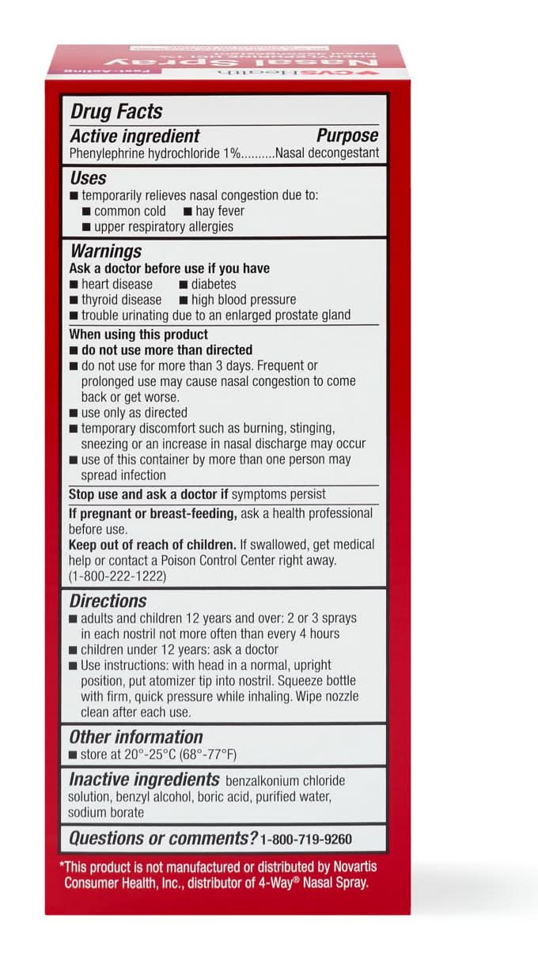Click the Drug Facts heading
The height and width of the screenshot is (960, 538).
(x=117, y=111)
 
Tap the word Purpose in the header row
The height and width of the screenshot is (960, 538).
(x=347, y=135)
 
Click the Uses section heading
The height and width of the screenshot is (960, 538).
(x=88, y=178)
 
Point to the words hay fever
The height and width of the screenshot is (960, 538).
(x=219, y=211)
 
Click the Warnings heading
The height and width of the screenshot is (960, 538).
(x=106, y=251)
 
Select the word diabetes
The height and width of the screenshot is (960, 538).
(x=213, y=284)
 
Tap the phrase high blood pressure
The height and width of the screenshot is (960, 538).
(x=243, y=300)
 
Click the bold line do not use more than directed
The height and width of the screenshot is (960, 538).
(x=167, y=350)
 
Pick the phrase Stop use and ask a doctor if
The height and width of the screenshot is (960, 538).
(x=149, y=494)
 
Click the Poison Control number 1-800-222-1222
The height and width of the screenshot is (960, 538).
(x=118, y=576)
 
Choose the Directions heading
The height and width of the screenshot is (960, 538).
(x=108, y=601)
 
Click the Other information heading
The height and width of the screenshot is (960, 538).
(x=136, y=737)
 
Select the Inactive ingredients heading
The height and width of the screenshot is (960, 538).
(x=144, y=779)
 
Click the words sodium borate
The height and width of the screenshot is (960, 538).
(x=106, y=812)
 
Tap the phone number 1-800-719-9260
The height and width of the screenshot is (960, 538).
(x=306, y=839)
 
